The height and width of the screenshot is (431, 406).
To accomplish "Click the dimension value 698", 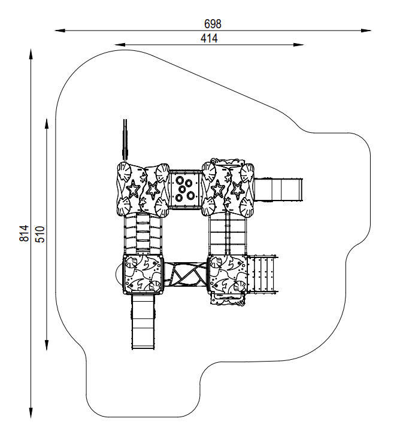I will click(x=213, y=24).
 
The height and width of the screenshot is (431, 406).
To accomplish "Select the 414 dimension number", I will click(x=209, y=38).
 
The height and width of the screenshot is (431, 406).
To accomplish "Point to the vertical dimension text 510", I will click(x=40, y=233).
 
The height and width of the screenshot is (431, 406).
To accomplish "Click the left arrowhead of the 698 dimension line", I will click(x=59, y=29).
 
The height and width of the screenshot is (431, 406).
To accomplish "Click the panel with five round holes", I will click(x=185, y=189).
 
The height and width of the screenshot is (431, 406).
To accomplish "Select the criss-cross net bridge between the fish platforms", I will click(x=185, y=275).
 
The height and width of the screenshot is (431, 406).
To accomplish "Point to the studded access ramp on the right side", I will click(x=262, y=274).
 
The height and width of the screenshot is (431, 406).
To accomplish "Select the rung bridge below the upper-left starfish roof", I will click(x=143, y=235).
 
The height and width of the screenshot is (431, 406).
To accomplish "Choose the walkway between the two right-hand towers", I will click(x=228, y=235).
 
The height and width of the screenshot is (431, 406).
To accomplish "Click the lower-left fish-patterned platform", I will click(x=143, y=275).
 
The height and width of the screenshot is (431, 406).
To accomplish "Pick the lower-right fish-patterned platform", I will click(x=228, y=275).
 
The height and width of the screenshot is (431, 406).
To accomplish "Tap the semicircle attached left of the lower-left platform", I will click(x=119, y=275).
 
